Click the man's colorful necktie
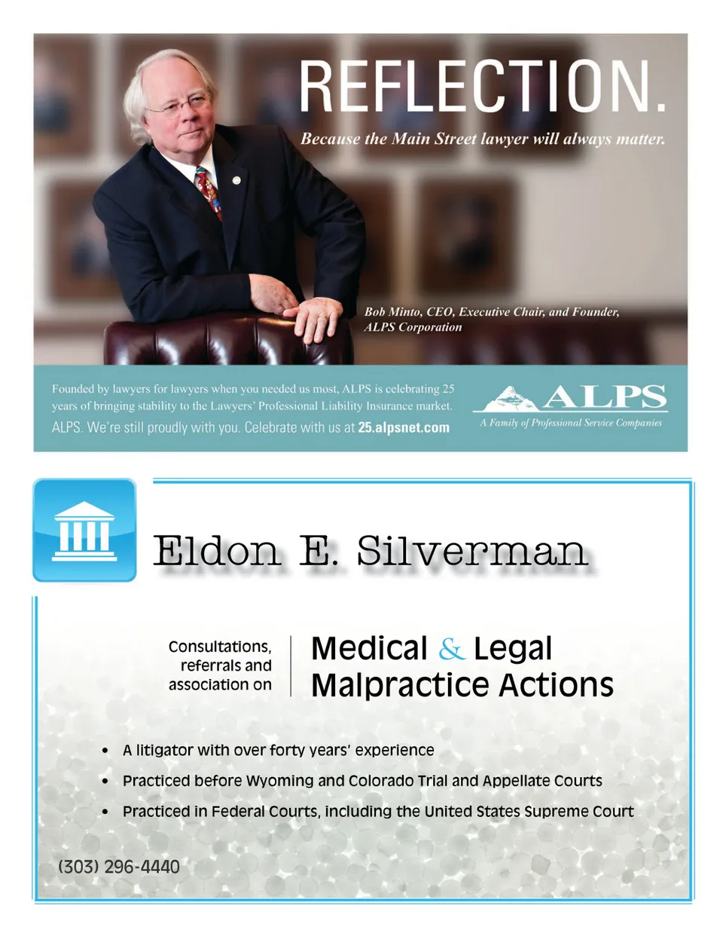pyautogui.click(x=209, y=191)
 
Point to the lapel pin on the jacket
pyautogui.click(x=236, y=180)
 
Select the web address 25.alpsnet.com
pyautogui.click(x=404, y=427)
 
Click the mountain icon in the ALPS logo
pyautogui.click(x=511, y=396)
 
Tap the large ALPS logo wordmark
pyautogui.click(x=604, y=396)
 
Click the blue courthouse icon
pyautogui.click(x=84, y=531)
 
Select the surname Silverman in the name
pyautogui.click(x=472, y=551)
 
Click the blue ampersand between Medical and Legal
pyautogui.click(x=451, y=648)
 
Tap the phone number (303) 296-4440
pyautogui.click(x=119, y=867)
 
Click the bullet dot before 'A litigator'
pyautogui.click(x=105, y=751)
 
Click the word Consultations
pyautogui.click(x=220, y=647)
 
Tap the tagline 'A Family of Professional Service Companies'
pyautogui.click(x=571, y=423)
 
